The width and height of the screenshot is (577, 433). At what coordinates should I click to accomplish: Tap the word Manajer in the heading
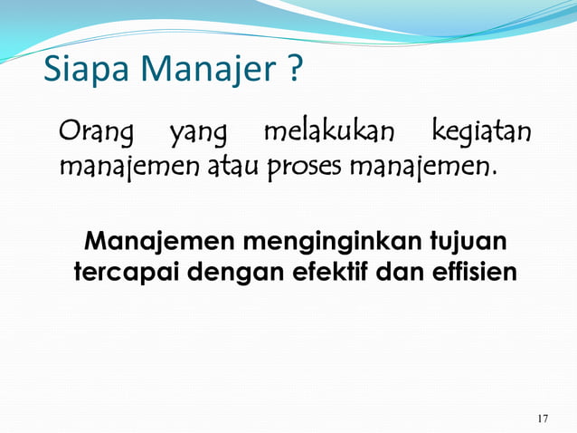(x=201, y=69)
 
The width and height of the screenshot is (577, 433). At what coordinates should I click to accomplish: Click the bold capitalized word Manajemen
(x=150, y=242)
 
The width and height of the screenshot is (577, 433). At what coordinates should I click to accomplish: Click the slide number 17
(x=542, y=418)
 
